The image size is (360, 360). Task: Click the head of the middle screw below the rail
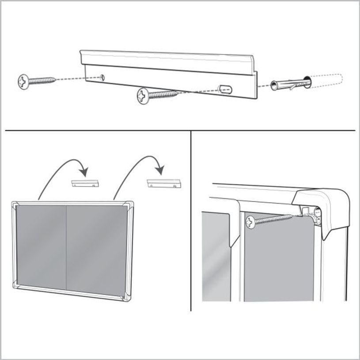pos(144,95)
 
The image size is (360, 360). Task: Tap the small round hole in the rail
pos(103,77)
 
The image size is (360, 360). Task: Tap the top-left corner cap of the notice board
pos(16,205)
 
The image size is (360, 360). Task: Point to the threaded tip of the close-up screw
pos(289,216)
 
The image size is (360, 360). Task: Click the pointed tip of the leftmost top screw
pos(55,79)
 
